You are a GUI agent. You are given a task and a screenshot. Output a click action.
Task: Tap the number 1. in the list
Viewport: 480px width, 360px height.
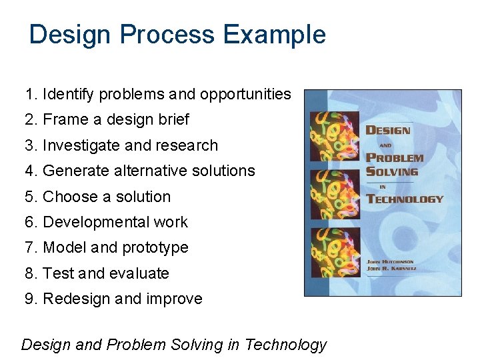(31, 95)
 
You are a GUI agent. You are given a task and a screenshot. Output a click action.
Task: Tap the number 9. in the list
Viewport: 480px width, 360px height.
(31, 299)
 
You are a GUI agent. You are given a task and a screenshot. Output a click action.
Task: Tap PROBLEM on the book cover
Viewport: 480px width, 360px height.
(395, 159)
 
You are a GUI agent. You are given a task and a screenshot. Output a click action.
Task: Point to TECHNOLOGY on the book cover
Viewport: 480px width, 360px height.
(405, 199)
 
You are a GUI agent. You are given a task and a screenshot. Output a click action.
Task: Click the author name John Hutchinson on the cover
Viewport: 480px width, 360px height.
(391, 262)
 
